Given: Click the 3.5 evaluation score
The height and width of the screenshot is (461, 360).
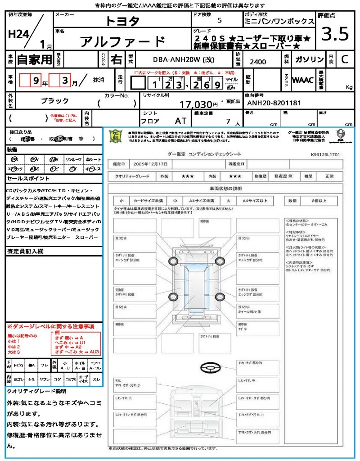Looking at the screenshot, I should [x=335, y=34].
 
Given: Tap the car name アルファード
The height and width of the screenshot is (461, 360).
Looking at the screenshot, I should [x=122, y=42].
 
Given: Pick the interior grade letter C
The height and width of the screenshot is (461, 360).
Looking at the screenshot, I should [x=344, y=59].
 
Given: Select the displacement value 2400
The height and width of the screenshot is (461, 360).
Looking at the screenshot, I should [x=257, y=62].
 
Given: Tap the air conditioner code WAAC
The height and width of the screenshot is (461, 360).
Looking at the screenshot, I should [x=303, y=80].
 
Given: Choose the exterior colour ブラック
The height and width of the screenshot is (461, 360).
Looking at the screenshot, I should [x=55, y=101].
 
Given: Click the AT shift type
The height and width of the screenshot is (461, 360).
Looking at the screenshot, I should [x=180, y=121].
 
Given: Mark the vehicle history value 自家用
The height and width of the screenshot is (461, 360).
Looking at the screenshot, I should [x=35, y=59].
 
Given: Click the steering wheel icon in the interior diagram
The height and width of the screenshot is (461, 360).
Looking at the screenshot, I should [x=209, y=368].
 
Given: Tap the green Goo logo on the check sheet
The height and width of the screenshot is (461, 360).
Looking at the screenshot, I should [x=116, y=136].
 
